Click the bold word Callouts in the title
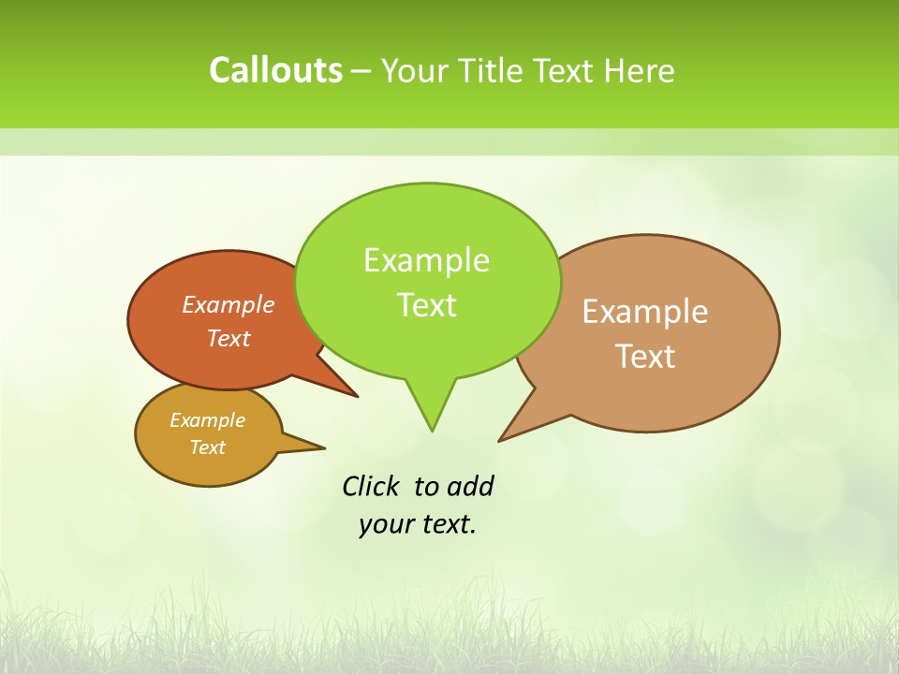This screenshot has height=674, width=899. pyautogui.click(x=275, y=70)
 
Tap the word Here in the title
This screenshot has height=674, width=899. pyautogui.click(x=640, y=70)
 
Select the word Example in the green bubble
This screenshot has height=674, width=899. pyautogui.click(x=426, y=260)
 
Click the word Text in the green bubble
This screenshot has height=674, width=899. pyautogui.click(x=426, y=305)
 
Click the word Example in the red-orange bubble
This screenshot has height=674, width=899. pyautogui.click(x=228, y=304)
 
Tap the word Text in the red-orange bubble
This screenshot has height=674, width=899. pyautogui.click(x=228, y=338)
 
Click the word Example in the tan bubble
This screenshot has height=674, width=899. pyautogui.click(x=645, y=312)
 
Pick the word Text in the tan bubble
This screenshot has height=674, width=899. pyautogui.click(x=645, y=357)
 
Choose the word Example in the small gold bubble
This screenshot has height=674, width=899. pyautogui.click(x=207, y=420)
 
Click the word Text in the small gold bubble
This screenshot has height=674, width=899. pyautogui.click(x=207, y=447)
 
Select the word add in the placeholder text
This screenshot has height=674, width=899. pyautogui.click(x=470, y=486)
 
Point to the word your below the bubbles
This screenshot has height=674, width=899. pyautogui.click(x=385, y=524)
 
